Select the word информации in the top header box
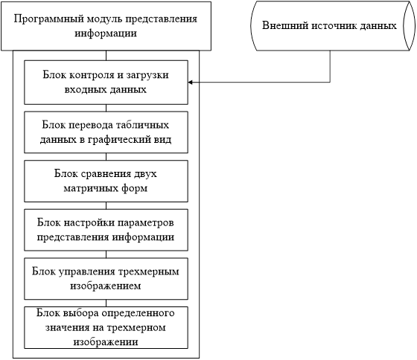pos(106,33)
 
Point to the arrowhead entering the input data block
pos(190,82)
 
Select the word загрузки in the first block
pos(147,75)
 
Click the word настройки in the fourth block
pos(89,222)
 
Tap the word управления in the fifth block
pos(86,271)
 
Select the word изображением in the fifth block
pos(106,286)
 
